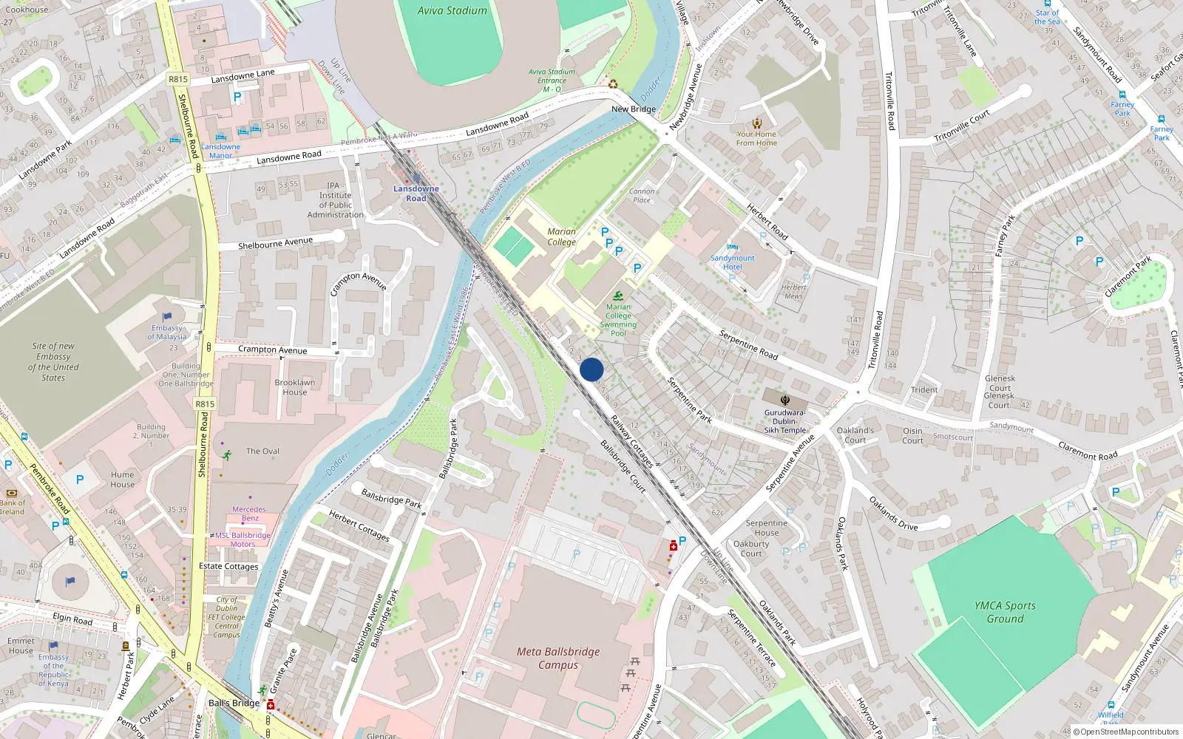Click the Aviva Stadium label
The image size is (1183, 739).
point(452,11)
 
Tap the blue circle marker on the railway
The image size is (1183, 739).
point(591,369)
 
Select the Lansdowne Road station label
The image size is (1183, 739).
point(416,194)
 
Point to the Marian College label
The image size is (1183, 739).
point(561,236)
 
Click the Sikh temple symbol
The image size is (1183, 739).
point(785,401)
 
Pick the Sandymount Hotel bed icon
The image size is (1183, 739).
point(732,247)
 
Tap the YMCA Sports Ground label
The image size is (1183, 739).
point(1005,612)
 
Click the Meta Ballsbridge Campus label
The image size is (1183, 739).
point(558,658)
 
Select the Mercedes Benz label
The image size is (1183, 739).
point(249,514)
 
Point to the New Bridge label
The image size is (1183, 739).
point(634,109)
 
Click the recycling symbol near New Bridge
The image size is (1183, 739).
point(613,84)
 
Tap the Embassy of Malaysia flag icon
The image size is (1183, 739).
point(167,317)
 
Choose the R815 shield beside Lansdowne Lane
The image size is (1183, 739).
point(178,79)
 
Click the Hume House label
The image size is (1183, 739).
point(123,480)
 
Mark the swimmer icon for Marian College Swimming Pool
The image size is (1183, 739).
point(618,296)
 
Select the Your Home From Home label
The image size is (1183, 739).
point(756,139)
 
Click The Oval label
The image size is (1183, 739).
point(262,451)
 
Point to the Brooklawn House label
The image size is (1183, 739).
point(294,387)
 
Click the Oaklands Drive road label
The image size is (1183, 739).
point(893,514)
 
